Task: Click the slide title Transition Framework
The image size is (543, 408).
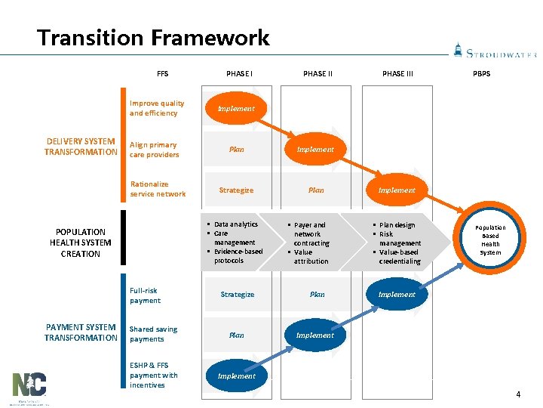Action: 153,38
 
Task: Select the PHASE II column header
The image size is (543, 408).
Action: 318,74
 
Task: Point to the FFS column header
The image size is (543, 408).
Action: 163,74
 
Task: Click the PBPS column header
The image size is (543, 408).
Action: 481,74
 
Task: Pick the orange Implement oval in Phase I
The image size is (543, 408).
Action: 236,109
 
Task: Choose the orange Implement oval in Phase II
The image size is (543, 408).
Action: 315,150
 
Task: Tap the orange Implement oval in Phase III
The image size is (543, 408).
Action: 397,190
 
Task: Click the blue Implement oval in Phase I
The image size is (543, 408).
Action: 236,376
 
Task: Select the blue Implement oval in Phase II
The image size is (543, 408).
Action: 315,335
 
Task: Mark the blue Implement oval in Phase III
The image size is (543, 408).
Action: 397,295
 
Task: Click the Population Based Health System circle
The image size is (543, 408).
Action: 490,240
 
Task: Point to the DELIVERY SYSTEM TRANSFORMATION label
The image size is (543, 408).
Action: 81,147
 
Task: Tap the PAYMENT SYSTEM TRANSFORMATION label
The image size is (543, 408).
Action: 81,332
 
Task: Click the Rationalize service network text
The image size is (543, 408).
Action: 158,189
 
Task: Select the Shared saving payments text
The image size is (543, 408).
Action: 153,334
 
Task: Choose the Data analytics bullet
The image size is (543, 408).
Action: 235,224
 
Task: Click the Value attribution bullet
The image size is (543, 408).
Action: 311,257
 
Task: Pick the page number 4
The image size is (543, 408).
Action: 518,394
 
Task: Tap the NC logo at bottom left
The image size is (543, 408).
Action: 29,387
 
